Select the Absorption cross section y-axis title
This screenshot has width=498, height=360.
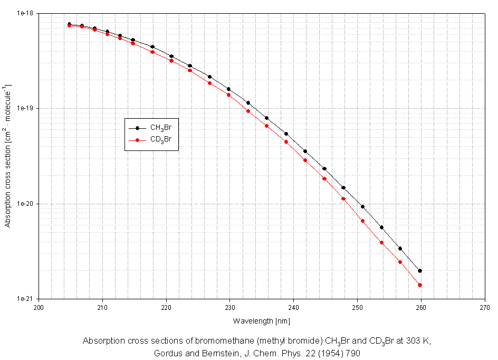[7, 156]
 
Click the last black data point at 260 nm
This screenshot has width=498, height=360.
[420, 271]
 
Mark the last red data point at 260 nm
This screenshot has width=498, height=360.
[420, 285]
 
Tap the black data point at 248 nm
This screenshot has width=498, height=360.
[343, 187]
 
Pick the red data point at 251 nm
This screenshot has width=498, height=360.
[363, 221]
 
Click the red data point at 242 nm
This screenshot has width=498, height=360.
[305, 160]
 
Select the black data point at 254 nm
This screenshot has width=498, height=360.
[381, 228]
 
